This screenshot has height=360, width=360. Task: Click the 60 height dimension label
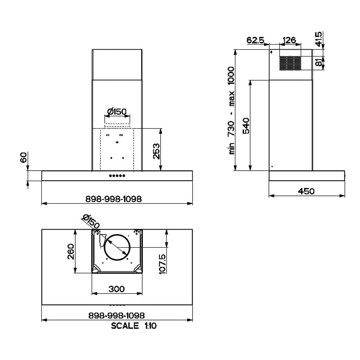[x=23, y=157]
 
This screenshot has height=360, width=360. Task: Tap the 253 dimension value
[x=156, y=151]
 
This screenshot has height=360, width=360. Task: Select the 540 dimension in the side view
[x=246, y=126]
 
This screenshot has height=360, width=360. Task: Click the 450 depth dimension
[x=306, y=191]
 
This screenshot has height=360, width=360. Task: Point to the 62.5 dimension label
[x=255, y=40]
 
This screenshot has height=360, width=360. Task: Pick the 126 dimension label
[x=289, y=40]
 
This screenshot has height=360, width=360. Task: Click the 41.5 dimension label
[x=319, y=39]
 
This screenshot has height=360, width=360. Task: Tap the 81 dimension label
[x=319, y=62]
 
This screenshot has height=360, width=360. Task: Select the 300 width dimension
[x=116, y=289]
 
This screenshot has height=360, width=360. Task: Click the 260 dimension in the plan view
[x=71, y=252]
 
